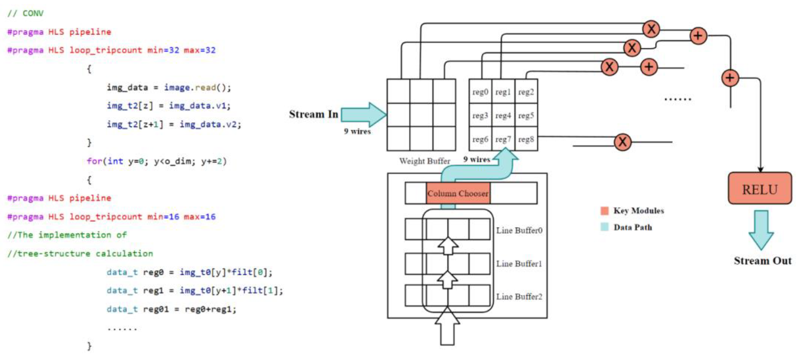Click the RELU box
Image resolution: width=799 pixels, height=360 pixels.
[x=760, y=188]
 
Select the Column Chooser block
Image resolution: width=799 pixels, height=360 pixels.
[x=458, y=193]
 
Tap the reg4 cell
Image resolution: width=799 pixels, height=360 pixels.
[x=503, y=115]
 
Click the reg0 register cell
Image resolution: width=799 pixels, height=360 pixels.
[x=480, y=92]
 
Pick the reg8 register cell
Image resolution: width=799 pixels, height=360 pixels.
[x=526, y=139]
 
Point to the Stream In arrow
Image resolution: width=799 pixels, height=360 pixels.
[x=363, y=114]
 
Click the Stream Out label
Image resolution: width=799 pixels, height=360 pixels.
[x=762, y=260]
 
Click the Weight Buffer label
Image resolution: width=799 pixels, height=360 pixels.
[x=424, y=161]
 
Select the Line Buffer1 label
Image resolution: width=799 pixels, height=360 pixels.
[x=519, y=264]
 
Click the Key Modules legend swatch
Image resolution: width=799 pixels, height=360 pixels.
[x=604, y=210]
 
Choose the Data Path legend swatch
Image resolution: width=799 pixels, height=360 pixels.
[x=604, y=227]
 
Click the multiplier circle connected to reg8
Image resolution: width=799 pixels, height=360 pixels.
[x=623, y=142]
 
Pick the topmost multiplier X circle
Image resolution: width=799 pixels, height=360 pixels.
[x=651, y=29]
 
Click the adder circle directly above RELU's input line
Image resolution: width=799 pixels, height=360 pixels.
[x=730, y=77]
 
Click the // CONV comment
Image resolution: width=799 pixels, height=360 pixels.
[x=26, y=13]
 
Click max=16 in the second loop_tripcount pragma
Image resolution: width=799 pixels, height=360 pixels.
[x=199, y=216]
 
